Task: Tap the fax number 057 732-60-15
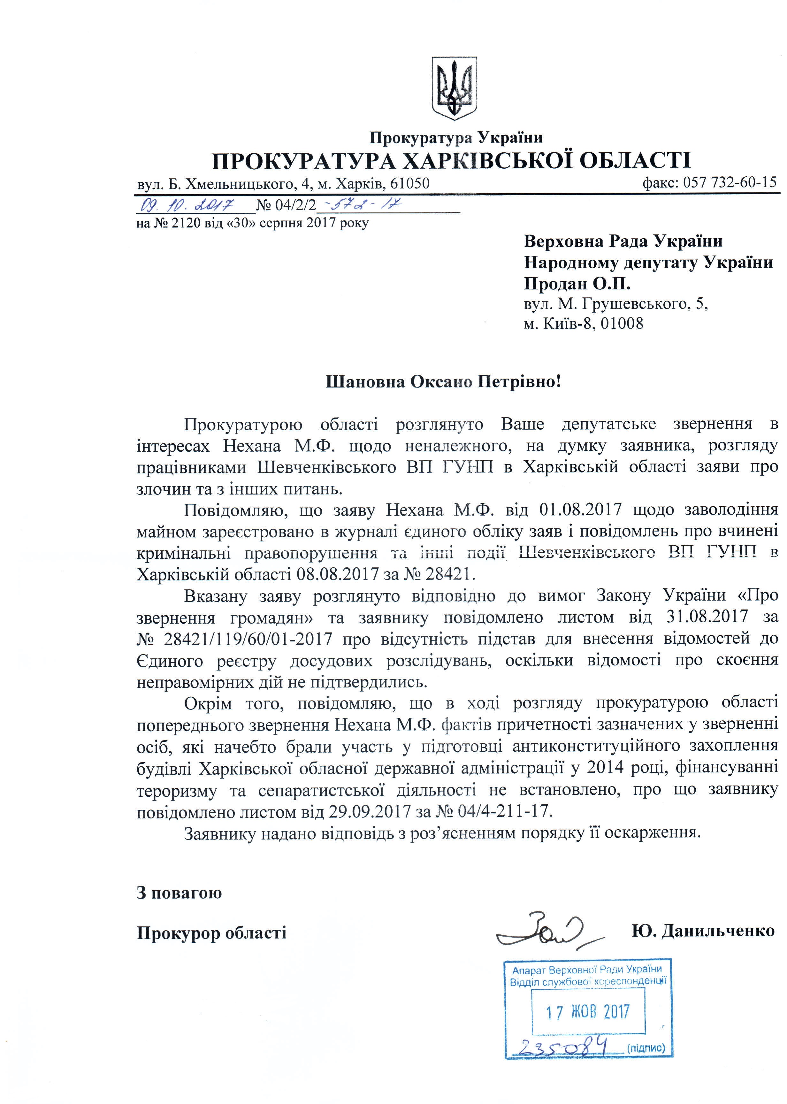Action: pyautogui.click(x=729, y=183)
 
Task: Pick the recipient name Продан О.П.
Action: pyautogui.click(x=577, y=283)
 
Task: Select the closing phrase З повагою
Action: pyautogui.click(x=179, y=892)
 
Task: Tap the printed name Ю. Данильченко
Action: pyautogui.click(x=703, y=931)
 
